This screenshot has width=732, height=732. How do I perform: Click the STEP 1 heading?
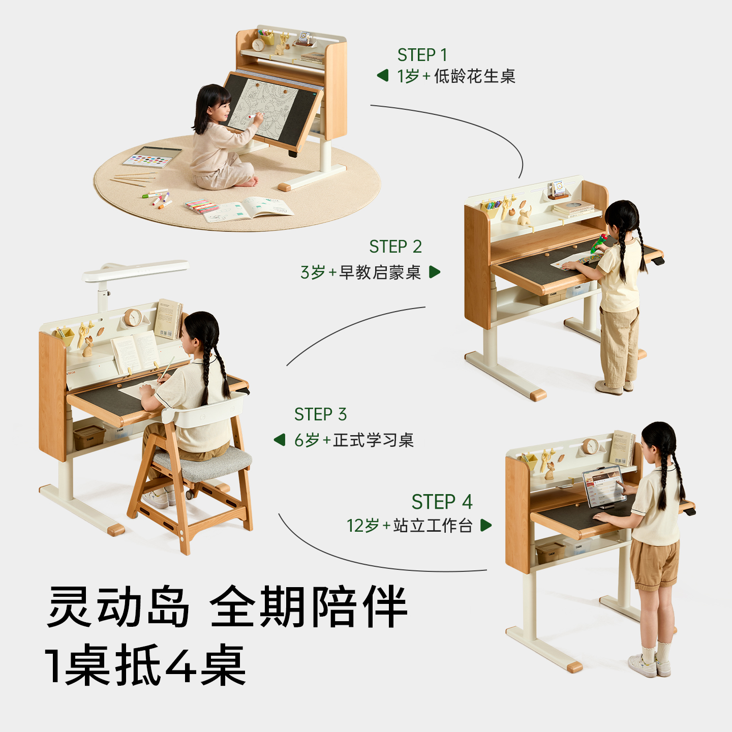422,55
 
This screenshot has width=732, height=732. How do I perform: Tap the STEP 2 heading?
395,247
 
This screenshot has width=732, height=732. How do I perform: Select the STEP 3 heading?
320,414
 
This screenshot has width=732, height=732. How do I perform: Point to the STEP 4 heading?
442,502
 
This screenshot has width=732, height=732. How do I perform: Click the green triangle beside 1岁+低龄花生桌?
383,75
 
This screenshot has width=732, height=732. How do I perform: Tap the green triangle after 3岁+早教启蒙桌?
435,272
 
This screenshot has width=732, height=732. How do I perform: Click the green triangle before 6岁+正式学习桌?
280,440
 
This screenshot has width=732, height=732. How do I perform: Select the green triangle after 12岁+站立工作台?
486,525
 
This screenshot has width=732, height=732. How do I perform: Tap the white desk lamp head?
136,270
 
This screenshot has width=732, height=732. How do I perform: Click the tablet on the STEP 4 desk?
604,487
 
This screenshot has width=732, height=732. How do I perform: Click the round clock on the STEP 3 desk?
133,318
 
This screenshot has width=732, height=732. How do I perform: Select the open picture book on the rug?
249,209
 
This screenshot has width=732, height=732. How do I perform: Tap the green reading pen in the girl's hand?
599,243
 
